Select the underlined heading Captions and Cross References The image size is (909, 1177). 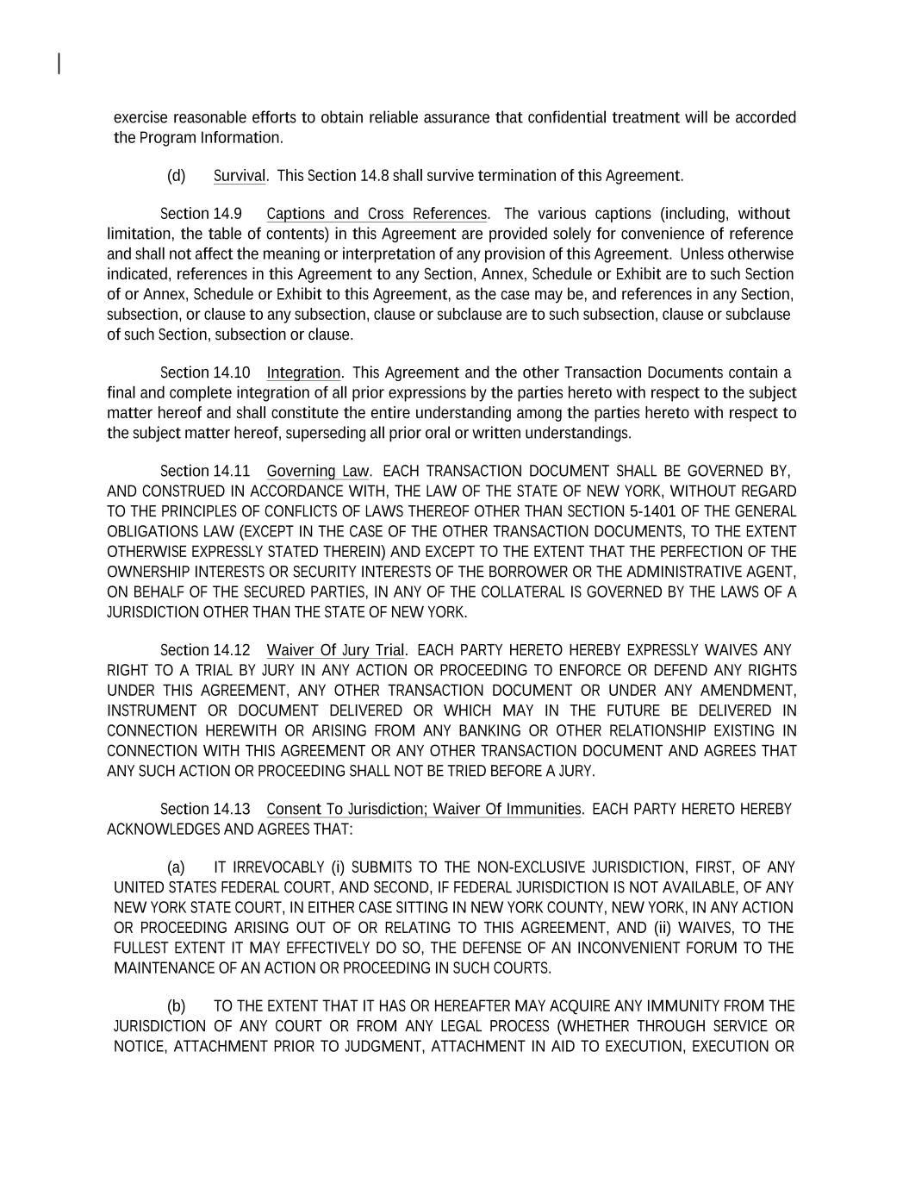[377, 214]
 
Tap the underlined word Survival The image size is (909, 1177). [239, 176]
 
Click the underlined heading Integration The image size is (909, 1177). [303, 373]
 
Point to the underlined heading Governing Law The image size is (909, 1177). [317, 471]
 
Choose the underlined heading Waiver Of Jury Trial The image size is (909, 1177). [335, 650]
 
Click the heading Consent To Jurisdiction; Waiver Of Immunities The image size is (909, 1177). [424, 809]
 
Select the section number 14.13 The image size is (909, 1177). [231, 809]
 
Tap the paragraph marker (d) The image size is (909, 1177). [176, 176]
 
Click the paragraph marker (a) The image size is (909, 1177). [176, 867]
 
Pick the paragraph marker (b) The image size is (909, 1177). [176, 1006]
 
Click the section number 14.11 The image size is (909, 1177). [231, 471]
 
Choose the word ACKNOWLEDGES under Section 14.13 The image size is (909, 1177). [163, 830]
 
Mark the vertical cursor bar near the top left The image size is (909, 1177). [59, 64]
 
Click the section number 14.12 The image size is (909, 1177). [231, 650]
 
